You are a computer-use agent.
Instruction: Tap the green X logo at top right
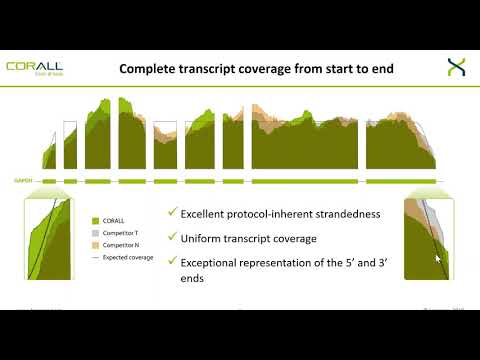[455, 68]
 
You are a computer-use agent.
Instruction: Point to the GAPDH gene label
[23, 182]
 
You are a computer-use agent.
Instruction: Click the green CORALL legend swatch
[94, 219]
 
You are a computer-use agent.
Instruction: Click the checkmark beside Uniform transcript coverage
[173, 237]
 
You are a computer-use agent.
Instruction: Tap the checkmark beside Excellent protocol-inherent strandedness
[173, 212]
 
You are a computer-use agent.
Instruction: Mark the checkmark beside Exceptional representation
[173, 262]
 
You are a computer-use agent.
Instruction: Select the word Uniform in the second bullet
[205, 239]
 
